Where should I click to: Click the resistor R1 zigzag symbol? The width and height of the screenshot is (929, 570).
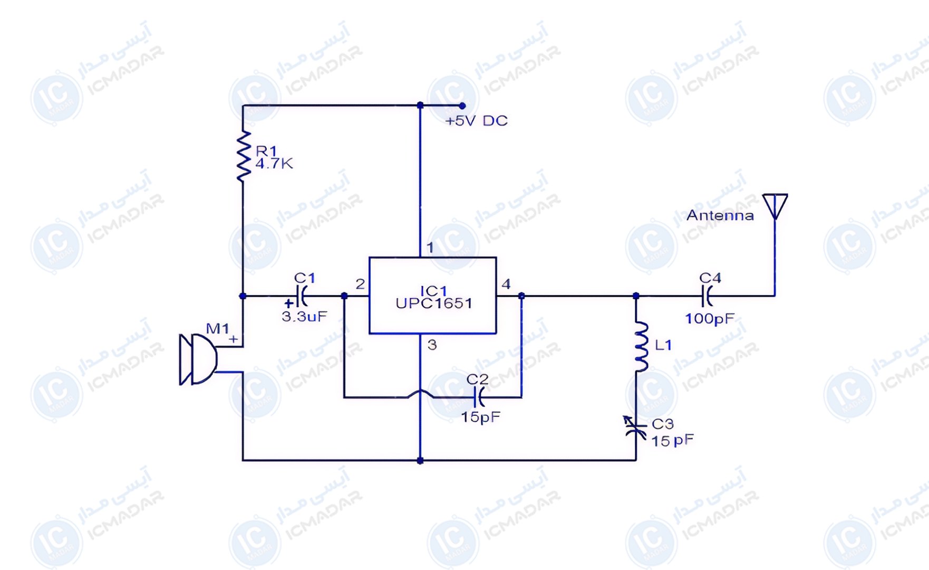(x=243, y=156)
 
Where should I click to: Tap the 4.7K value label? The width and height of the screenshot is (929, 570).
(x=274, y=164)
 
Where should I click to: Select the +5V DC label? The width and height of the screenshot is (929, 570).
(x=477, y=121)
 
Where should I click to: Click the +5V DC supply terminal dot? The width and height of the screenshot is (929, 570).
(x=462, y=106)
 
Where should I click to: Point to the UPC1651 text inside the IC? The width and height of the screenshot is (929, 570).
(x=434, y=303)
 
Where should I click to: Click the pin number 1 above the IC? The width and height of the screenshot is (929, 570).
(x=430, y=247)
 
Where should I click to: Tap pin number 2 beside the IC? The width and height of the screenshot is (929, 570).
(x=360, y=284)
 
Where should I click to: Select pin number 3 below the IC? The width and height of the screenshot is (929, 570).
(x=432, y=345)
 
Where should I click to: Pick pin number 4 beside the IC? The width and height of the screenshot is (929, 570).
(x=506, y=284)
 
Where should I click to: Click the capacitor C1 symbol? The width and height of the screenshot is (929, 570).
(x=301, y=296)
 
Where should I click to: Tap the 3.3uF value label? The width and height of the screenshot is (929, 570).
(x=304, y=317)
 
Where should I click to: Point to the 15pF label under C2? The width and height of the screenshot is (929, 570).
(x=480, y=417)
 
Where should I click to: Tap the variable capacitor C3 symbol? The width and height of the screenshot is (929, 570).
(x=635, y=428)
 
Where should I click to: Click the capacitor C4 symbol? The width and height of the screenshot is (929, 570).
(x=707, y=296)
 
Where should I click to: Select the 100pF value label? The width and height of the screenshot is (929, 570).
(x=710, y=319)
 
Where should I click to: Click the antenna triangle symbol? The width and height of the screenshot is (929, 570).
(x=775, y=206)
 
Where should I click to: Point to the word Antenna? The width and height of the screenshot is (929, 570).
(x=720, y=215)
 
